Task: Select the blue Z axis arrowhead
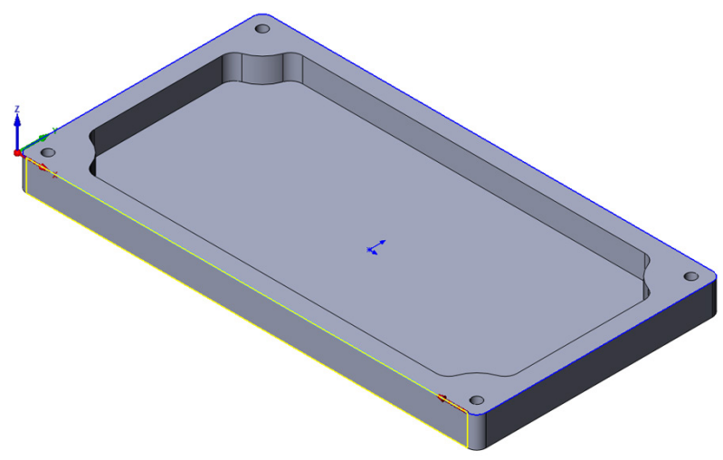[x=17, y=120]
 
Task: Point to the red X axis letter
[x=54, y=173]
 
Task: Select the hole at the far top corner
[x=262, y=30]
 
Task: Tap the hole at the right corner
[x=690, y=276]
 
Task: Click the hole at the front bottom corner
[x=476, y=398]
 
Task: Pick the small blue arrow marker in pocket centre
[x=376, y=246]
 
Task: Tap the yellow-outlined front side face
[x=244, y=308]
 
